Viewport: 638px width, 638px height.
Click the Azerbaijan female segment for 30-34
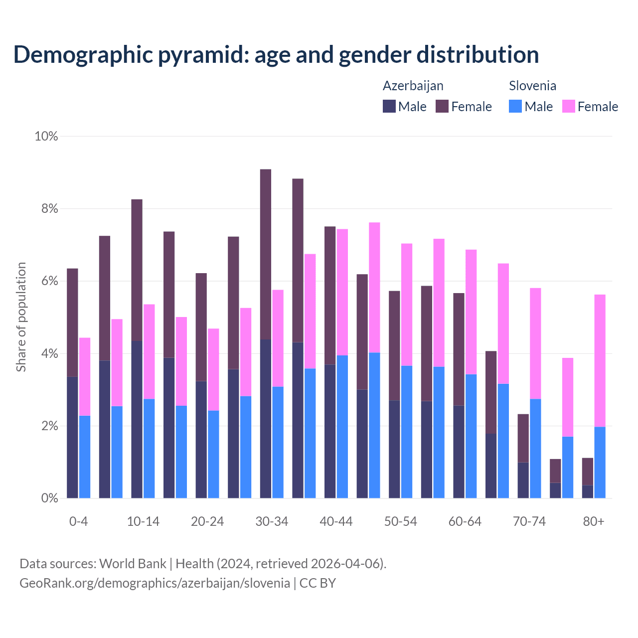coord(266,254)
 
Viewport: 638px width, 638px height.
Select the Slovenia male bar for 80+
coord(600,463)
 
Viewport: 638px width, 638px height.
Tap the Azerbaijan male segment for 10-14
coord(137,419)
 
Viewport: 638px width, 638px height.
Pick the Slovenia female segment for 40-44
coord(342,292)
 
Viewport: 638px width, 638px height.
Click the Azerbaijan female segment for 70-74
coord(523,438)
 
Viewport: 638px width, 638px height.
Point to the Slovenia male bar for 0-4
coord(85,457)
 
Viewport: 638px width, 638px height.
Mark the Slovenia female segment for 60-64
coord(471,312)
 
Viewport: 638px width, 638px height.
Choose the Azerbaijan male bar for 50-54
coord(394,449)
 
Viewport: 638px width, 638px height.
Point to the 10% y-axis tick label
coord(46,136)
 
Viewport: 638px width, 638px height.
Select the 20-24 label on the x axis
coord(207,521)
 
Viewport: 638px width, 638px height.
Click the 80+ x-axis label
coord(594,521)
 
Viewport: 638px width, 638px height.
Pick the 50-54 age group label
coord(401,521)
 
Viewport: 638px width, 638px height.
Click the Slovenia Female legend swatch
coord(569,106)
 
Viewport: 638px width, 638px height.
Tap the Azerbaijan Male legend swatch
coord(389,106)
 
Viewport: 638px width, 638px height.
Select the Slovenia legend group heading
coord(532,86)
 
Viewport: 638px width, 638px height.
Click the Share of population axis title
coord(21,317)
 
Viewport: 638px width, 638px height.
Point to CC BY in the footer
coord(318,583)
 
